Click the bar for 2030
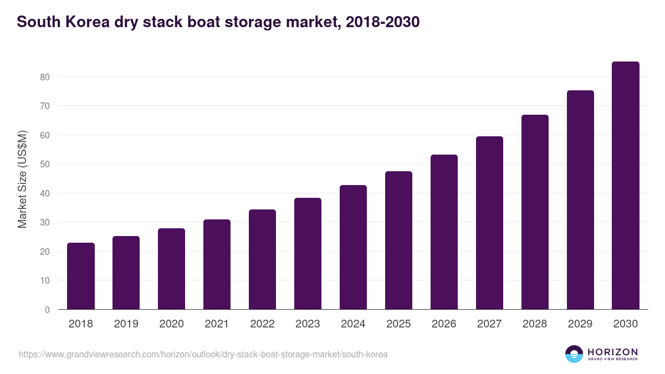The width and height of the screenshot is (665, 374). click(x=626, y=186)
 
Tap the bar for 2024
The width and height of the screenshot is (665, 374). click(x=353, y=247)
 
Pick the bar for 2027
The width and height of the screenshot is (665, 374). click(x=489, y=223)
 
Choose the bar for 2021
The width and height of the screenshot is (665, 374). click(x=217, y=264)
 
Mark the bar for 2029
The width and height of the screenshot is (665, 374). click(x=580, y=200)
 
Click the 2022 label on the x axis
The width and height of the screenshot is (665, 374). click(x=262, y=324)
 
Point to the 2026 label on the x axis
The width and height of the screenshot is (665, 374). click(x=444, y=324)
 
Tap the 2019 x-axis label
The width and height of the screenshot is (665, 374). click(x=126, y=324)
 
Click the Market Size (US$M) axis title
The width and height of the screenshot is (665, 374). click(x=22, y=179)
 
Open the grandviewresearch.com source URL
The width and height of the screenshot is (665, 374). click(x=203, y=354)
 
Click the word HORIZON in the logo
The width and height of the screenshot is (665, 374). click(x=612, y=352)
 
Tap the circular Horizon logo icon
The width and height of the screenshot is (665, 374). click(x=574, y=354)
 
